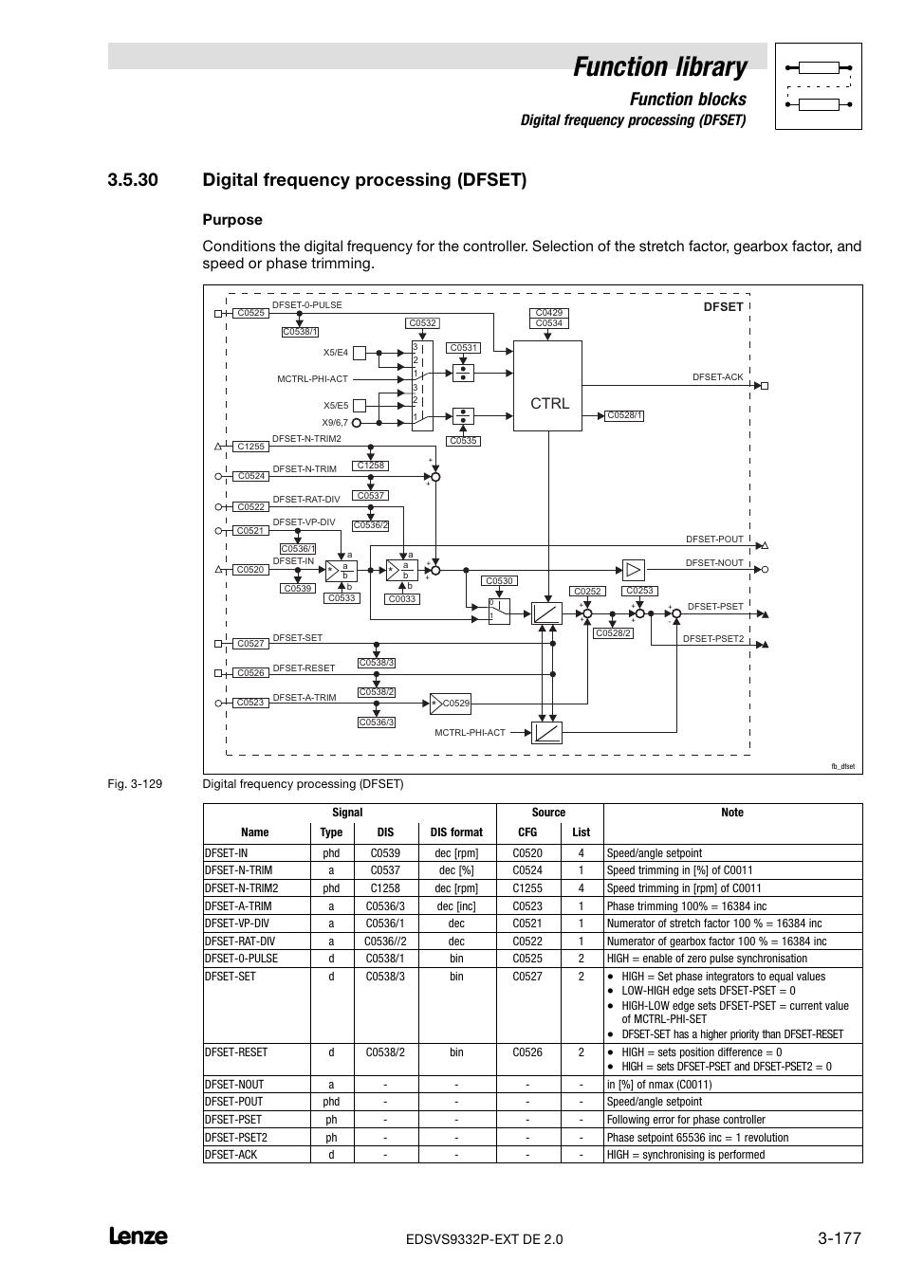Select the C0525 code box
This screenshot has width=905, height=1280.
[251, 313]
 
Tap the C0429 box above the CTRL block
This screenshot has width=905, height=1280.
[548, 313]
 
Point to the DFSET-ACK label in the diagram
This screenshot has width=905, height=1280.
[718, 377]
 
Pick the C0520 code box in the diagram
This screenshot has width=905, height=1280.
[250, 570]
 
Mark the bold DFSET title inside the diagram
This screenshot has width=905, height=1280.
[723, 307]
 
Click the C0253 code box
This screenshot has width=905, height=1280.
[639, 591]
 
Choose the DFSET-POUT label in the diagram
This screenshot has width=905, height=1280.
[715, 539]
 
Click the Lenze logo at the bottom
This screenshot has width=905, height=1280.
[139, 1236]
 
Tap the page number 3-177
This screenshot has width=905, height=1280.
[839, 1237]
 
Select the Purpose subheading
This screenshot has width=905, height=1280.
[232, 220]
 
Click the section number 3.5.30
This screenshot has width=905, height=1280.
[133, 180]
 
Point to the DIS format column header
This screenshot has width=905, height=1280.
[456, 832]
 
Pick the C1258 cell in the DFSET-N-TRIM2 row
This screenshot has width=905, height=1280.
[385, 888]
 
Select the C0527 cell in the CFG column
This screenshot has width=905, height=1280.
[527, 977]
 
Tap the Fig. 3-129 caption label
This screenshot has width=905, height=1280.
[135, 784]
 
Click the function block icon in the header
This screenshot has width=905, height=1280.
[818, 86]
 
